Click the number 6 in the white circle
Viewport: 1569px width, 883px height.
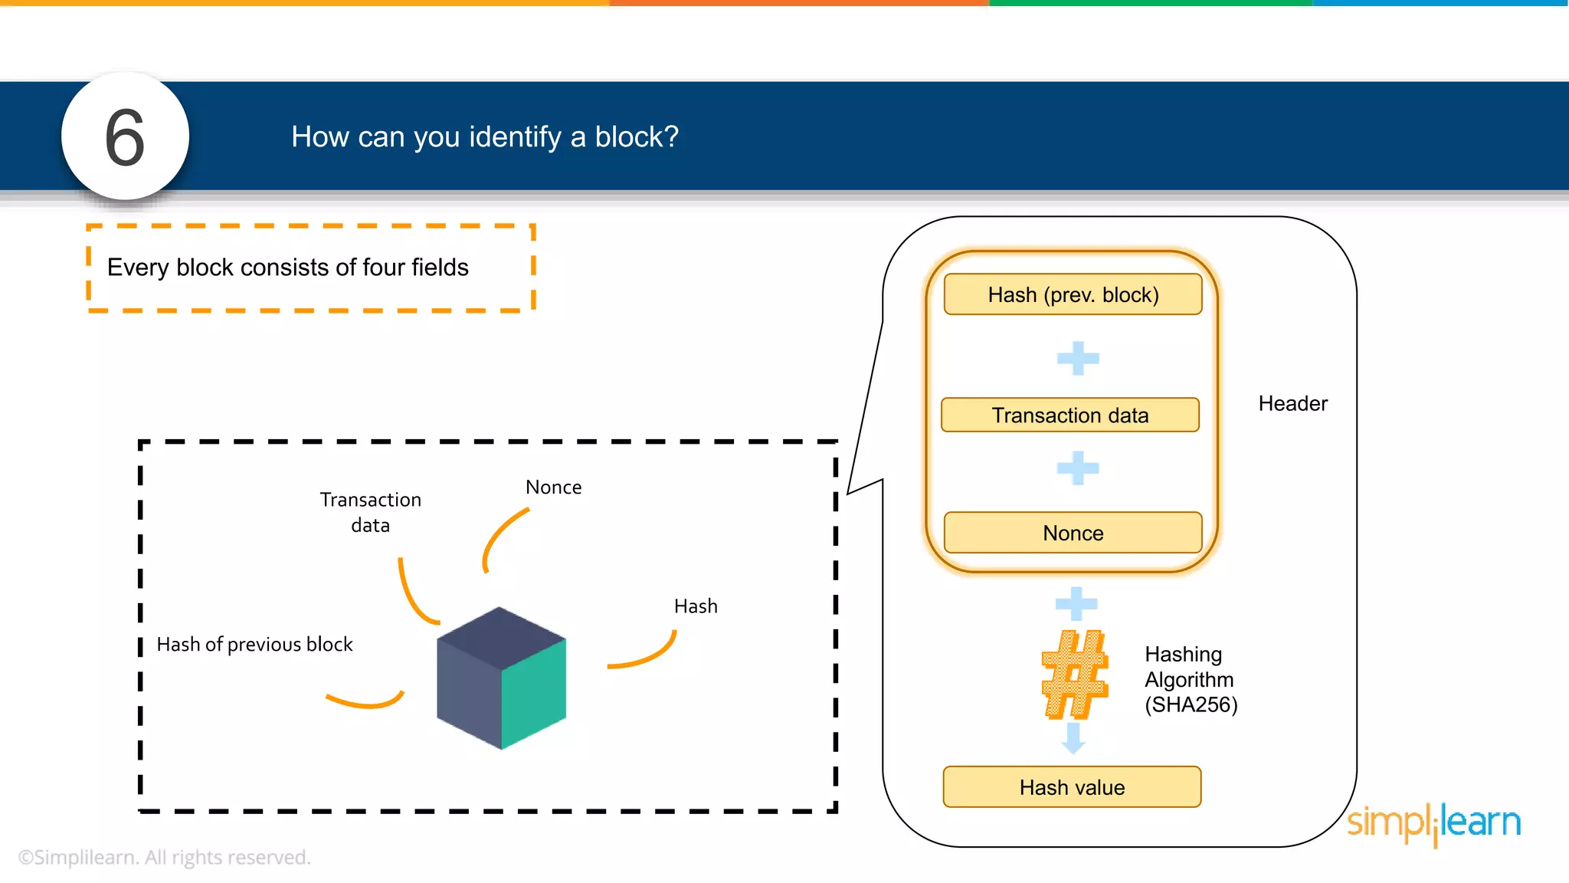[x=125, y=137]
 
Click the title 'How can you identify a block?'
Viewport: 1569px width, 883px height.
[x=484, y=137]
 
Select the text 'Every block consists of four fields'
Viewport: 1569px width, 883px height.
[x=287, y=268]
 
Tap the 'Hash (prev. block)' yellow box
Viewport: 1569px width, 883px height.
[x=1073, y=294]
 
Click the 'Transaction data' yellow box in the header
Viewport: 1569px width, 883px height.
[x=1069, y=415]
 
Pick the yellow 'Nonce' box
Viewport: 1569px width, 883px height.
[x=1073, y=533]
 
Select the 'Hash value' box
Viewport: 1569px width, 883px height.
[x=1072, y=787]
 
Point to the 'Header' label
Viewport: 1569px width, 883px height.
[x=1292, y=404]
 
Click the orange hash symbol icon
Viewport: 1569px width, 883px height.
[x=1074, y=675]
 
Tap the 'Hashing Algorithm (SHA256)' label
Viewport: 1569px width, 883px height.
[x=1191, y=679]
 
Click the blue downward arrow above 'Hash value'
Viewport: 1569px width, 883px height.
[x=1073, y=738]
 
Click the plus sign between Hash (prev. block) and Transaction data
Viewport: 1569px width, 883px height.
[x=1078, y=358]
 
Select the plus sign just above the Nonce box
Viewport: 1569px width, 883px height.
[x=1078, y=468]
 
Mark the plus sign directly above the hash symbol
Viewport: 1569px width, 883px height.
[x=1076, y=603]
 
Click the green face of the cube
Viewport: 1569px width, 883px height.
[x=534, y=694]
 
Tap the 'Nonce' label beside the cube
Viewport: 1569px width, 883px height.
[x=553, y=487]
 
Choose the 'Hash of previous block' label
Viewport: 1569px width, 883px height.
[x=254, y=645]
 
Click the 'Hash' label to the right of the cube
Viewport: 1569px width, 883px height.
[x=696, y=606]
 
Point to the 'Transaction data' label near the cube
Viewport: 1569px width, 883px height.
[x=370, y=512]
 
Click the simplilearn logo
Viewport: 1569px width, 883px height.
[x=1433, y=823]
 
